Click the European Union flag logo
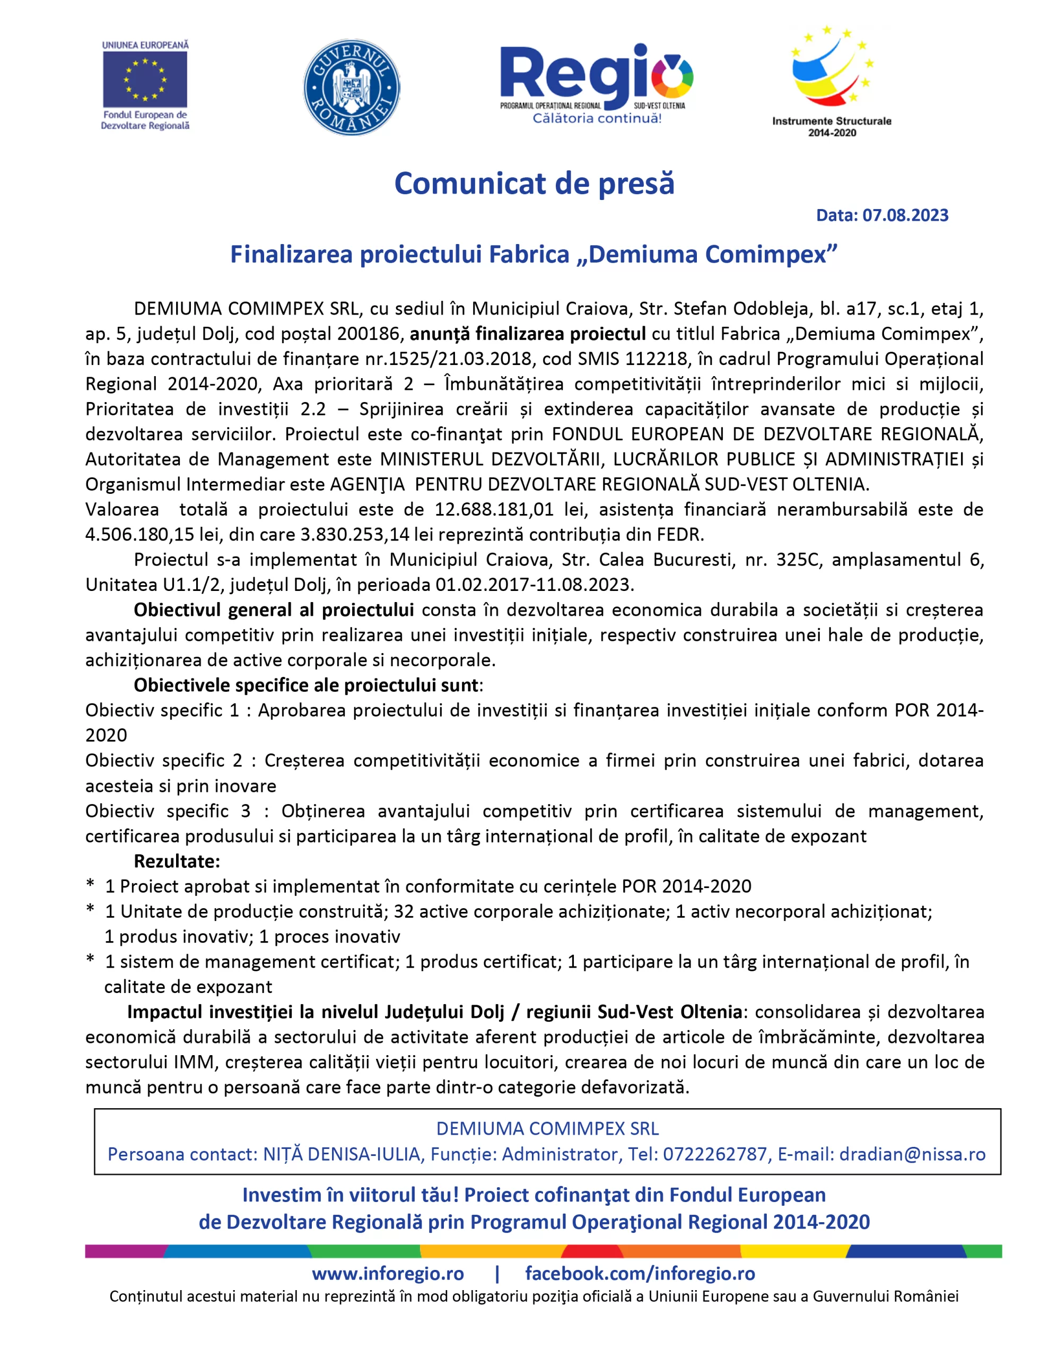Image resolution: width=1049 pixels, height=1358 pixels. pos(145,80)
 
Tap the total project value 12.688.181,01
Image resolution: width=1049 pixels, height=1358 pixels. pos(494,509)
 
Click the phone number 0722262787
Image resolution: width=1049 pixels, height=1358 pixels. pos(714,1154)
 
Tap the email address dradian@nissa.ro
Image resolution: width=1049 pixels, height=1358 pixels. pos(912,1154)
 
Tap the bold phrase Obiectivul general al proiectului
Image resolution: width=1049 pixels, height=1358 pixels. pos(274,610)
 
